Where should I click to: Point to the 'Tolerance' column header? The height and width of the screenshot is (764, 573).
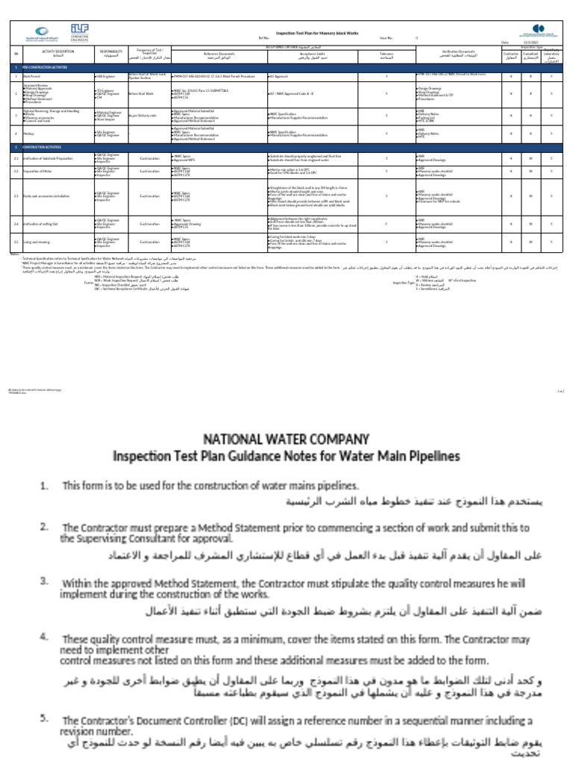coord(386,54)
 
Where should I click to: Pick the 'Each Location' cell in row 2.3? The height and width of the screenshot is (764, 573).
coord(149,197)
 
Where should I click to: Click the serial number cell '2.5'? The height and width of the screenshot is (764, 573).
coord(15,242)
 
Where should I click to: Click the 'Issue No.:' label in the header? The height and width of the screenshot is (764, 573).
coord(386,37)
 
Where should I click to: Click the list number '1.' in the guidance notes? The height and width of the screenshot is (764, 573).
coord(45,486)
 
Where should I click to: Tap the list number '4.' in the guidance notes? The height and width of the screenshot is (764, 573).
coord(45,637)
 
